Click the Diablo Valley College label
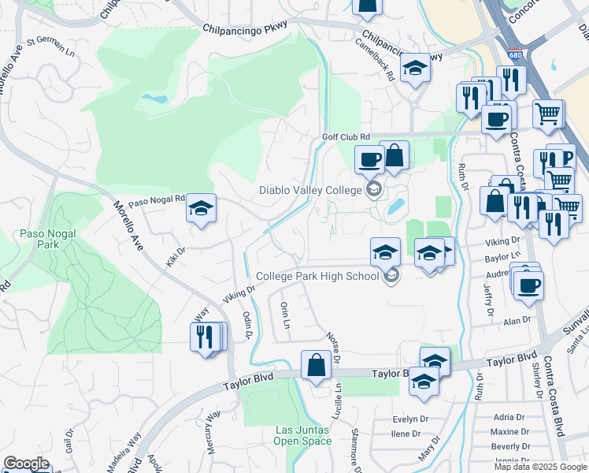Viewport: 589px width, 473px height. point(311,190)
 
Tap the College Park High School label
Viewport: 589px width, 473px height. point(318,276)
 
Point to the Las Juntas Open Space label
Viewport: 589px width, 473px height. point(302,435)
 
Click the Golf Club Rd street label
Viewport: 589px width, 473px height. point(345,136)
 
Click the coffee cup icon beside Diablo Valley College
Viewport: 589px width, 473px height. point(369,160)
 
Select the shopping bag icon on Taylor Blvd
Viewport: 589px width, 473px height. point(316,364)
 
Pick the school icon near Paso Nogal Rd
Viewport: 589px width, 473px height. point(201,208)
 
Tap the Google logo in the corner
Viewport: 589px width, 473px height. point(26,464)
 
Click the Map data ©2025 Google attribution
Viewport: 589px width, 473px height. point(541,467)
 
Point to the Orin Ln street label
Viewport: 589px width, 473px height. point(285,315)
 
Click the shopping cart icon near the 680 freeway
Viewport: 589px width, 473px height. point(547,112)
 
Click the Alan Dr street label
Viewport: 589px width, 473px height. point(517,321)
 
